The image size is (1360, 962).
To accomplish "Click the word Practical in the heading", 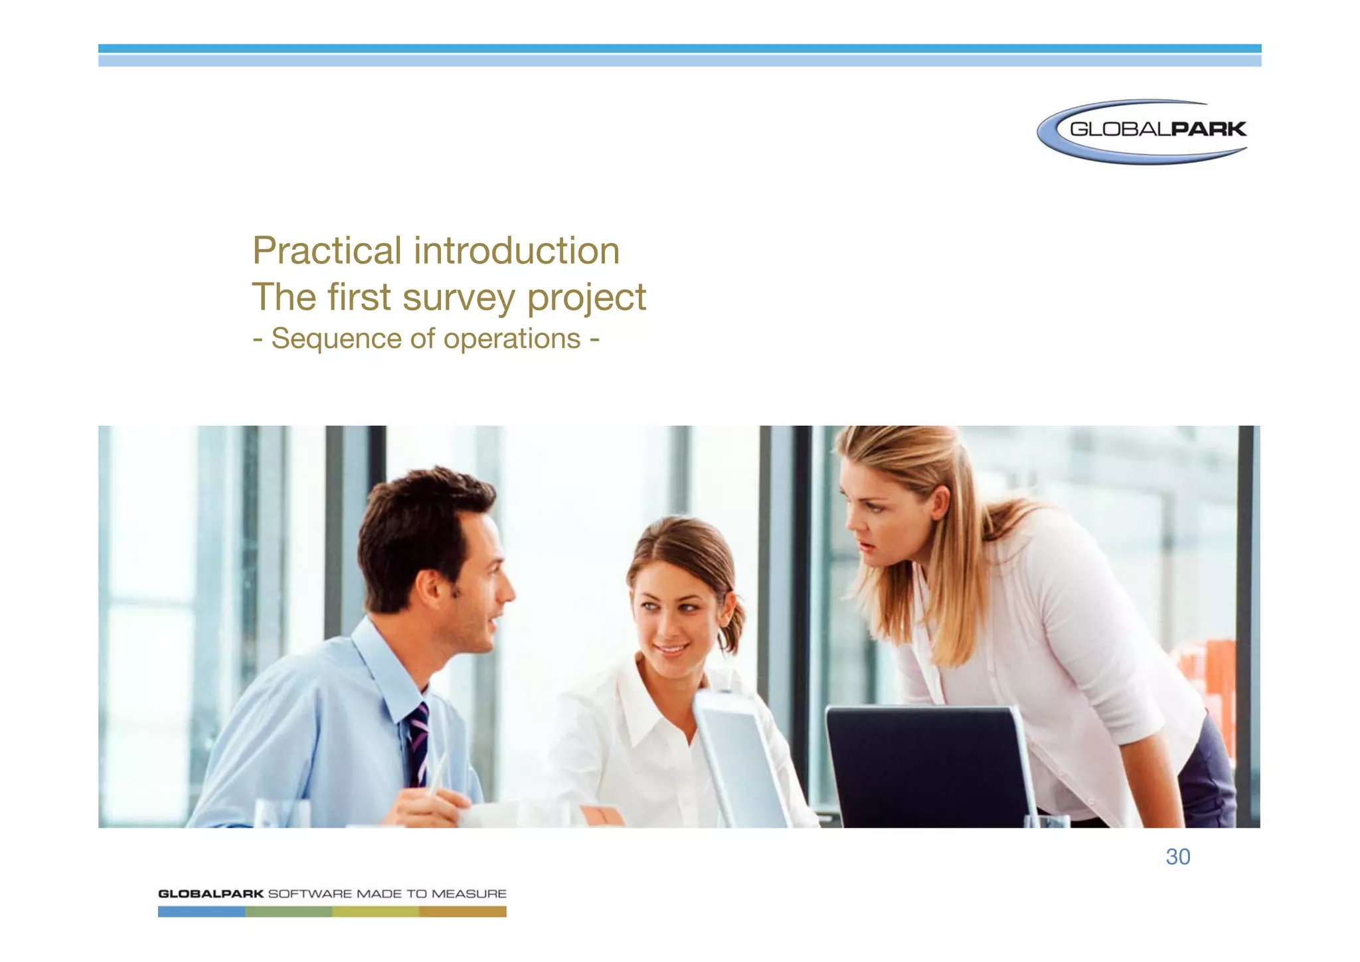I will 327,251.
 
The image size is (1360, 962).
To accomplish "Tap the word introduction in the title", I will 517,251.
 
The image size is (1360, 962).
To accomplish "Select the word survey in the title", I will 458,298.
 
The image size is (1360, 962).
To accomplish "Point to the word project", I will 586,298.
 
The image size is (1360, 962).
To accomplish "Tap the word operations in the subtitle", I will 511,339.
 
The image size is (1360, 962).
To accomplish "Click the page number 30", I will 1177,857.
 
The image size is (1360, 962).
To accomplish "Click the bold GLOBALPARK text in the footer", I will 211,894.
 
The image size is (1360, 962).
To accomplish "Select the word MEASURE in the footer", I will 469,894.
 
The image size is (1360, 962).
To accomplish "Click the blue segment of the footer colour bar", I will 201,912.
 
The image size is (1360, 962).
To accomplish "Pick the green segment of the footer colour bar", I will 288,912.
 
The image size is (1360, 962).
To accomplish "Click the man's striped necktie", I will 418,744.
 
